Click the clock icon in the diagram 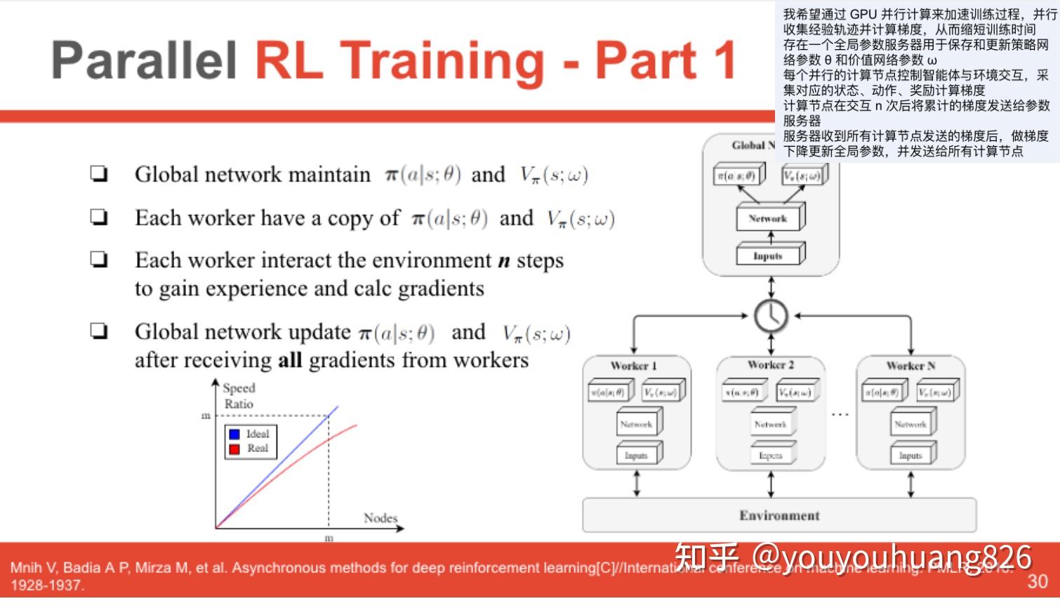point(771,316)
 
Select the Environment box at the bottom point(779,515)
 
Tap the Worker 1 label point(633,366)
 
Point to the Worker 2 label point(770,365)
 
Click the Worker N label point(910,366)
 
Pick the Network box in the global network point(769,218)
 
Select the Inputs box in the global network point(768,256)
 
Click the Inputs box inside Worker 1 point(637,456)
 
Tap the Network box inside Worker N point(910,425)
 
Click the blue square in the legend point(234,435)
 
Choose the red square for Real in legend point(234,449)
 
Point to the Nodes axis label point(380,518)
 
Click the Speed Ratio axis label point(239,396)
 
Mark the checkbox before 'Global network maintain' point(99,174)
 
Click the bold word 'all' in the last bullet point(290,360)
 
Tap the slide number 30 point(1038,581)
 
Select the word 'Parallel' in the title point(144,60)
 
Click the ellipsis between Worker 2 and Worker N point(840,415)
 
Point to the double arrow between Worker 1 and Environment point(637,484)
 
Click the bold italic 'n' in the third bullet point(503,261)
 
